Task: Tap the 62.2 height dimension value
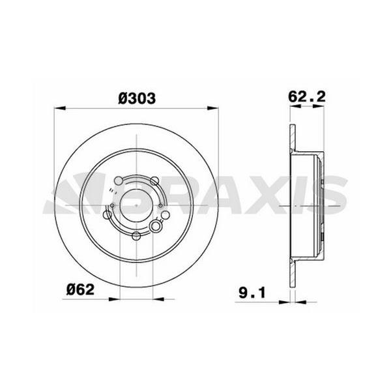pyautogui.click(x=307, y=96)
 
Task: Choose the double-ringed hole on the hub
pyautogui.click(x=156, y=225)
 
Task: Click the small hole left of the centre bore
pyautogui.click(x=112, y=206)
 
